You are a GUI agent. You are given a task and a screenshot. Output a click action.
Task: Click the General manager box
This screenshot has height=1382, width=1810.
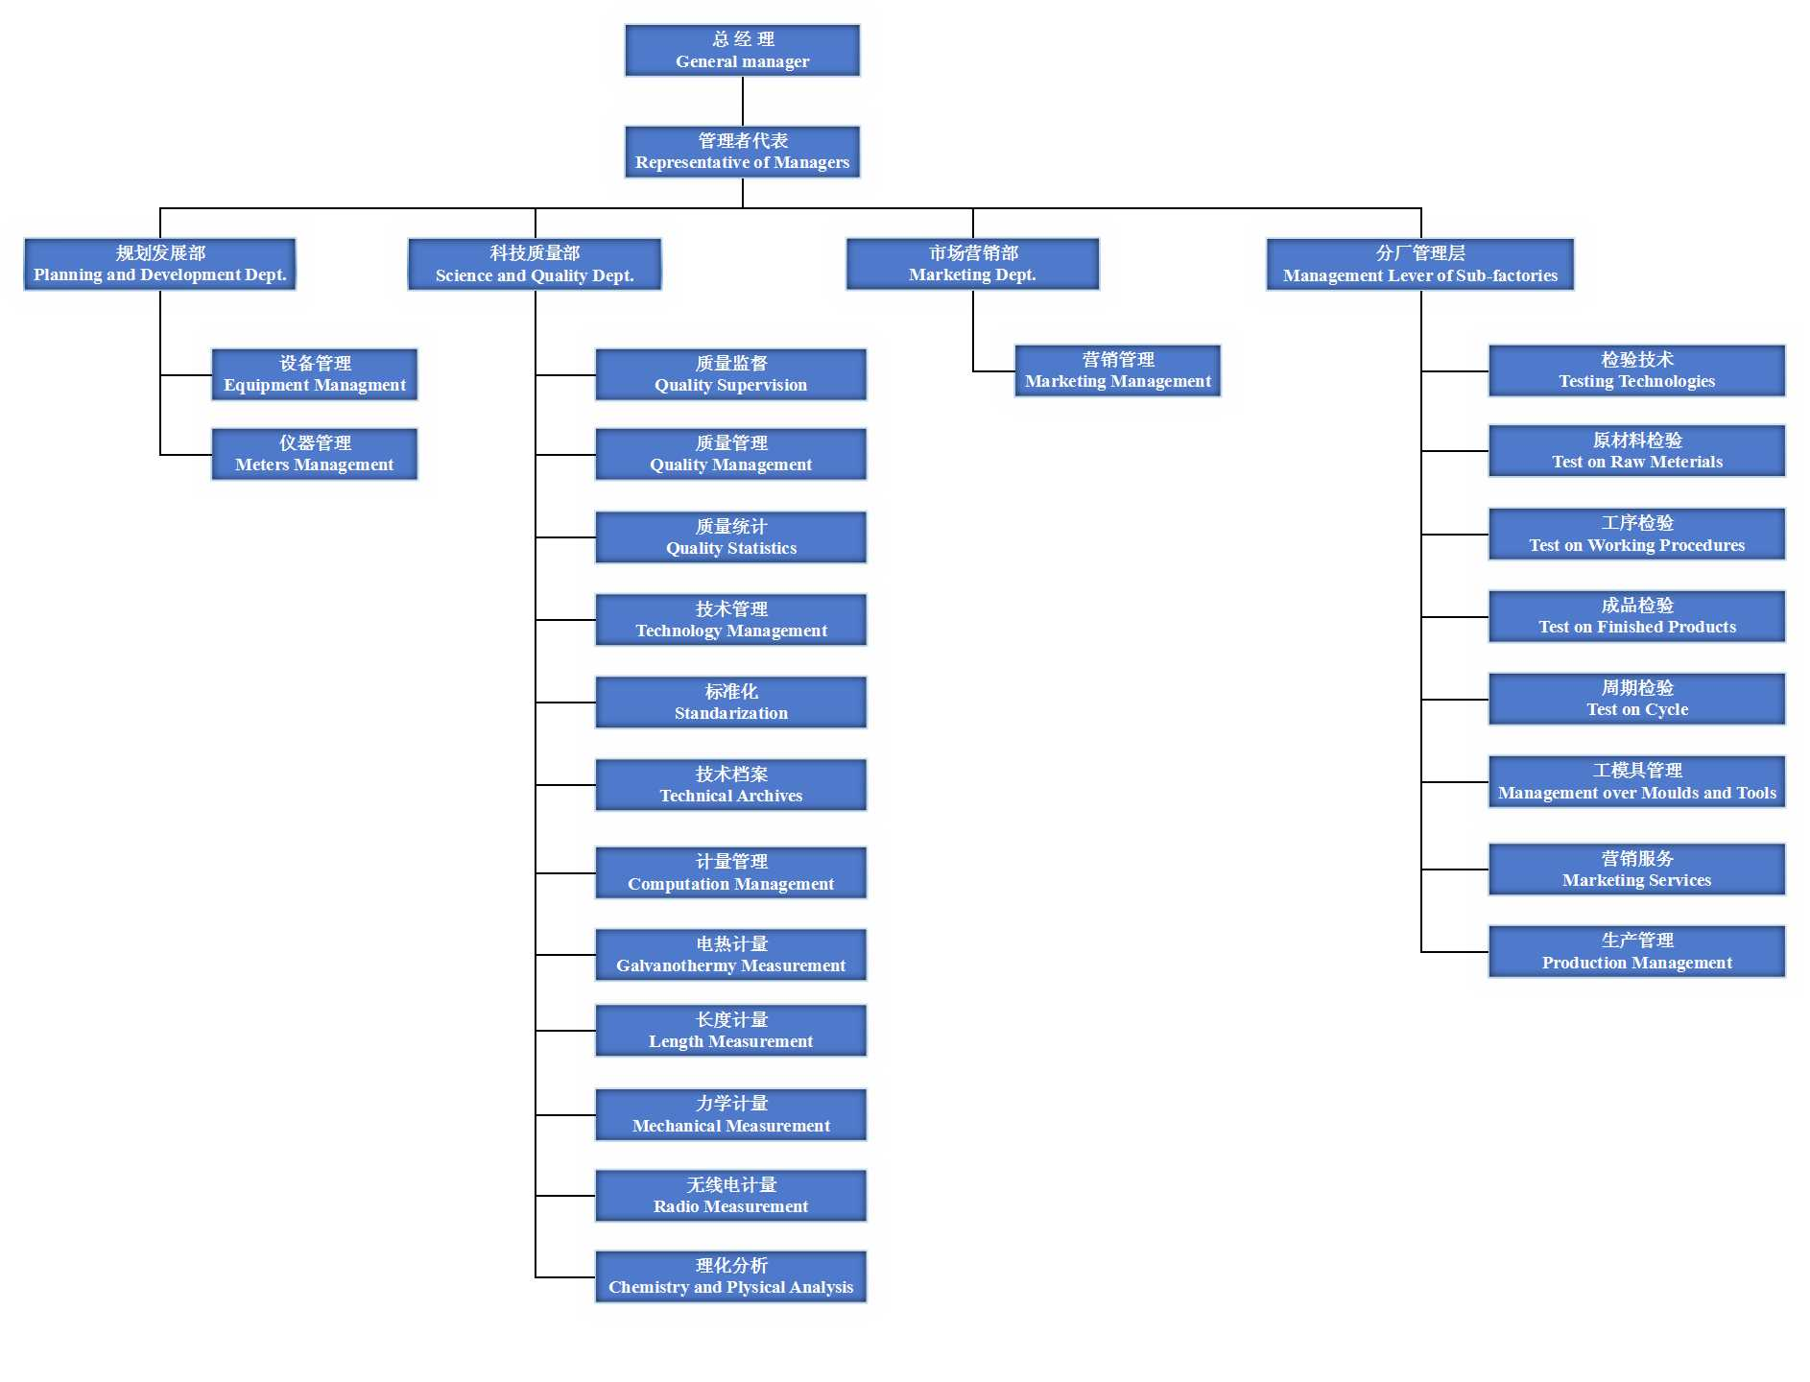(742, 51)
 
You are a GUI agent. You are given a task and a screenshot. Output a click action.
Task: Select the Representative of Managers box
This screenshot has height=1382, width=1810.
(742, 153)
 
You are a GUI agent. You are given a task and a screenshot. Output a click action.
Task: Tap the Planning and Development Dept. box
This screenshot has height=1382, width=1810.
(160, 264)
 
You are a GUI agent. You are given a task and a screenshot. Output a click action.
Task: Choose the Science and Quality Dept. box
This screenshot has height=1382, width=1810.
(535, 265)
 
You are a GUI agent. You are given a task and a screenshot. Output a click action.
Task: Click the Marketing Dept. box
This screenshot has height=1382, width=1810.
(972, 264)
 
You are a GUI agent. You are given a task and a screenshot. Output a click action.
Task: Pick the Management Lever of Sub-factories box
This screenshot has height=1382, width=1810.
(1419, 265)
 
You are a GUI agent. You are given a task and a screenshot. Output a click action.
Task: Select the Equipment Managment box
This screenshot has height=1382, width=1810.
(315, 374)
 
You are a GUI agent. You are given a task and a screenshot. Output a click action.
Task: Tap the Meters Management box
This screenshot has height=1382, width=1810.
(315, 454)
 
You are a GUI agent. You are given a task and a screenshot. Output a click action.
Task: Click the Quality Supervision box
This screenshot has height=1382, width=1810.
(730, 374)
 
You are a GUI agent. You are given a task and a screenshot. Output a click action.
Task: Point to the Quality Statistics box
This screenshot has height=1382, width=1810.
(730, 537)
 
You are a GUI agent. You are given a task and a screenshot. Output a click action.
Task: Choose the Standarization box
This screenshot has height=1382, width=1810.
(730, 703)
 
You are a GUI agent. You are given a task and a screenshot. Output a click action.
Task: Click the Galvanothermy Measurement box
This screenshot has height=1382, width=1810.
(730, 955)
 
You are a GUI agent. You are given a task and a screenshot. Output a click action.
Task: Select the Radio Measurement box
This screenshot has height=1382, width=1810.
(730, 1196)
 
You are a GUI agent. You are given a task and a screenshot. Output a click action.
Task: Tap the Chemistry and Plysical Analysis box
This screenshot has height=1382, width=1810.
(730, 1276)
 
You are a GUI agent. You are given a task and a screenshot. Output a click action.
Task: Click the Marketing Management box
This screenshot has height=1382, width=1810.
(1117, 370)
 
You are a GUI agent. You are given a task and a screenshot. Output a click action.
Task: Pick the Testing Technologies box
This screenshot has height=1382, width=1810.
(1636, 370)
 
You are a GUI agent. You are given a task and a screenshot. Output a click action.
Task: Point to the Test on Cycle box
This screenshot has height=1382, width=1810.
(1636, 699)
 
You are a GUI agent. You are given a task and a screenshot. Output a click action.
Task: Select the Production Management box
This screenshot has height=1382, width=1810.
(1636, 952)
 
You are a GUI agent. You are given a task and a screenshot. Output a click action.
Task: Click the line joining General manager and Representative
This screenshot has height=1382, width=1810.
(743, 102)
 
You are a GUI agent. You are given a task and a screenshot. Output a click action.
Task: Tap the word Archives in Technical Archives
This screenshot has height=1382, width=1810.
(765, 796)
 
